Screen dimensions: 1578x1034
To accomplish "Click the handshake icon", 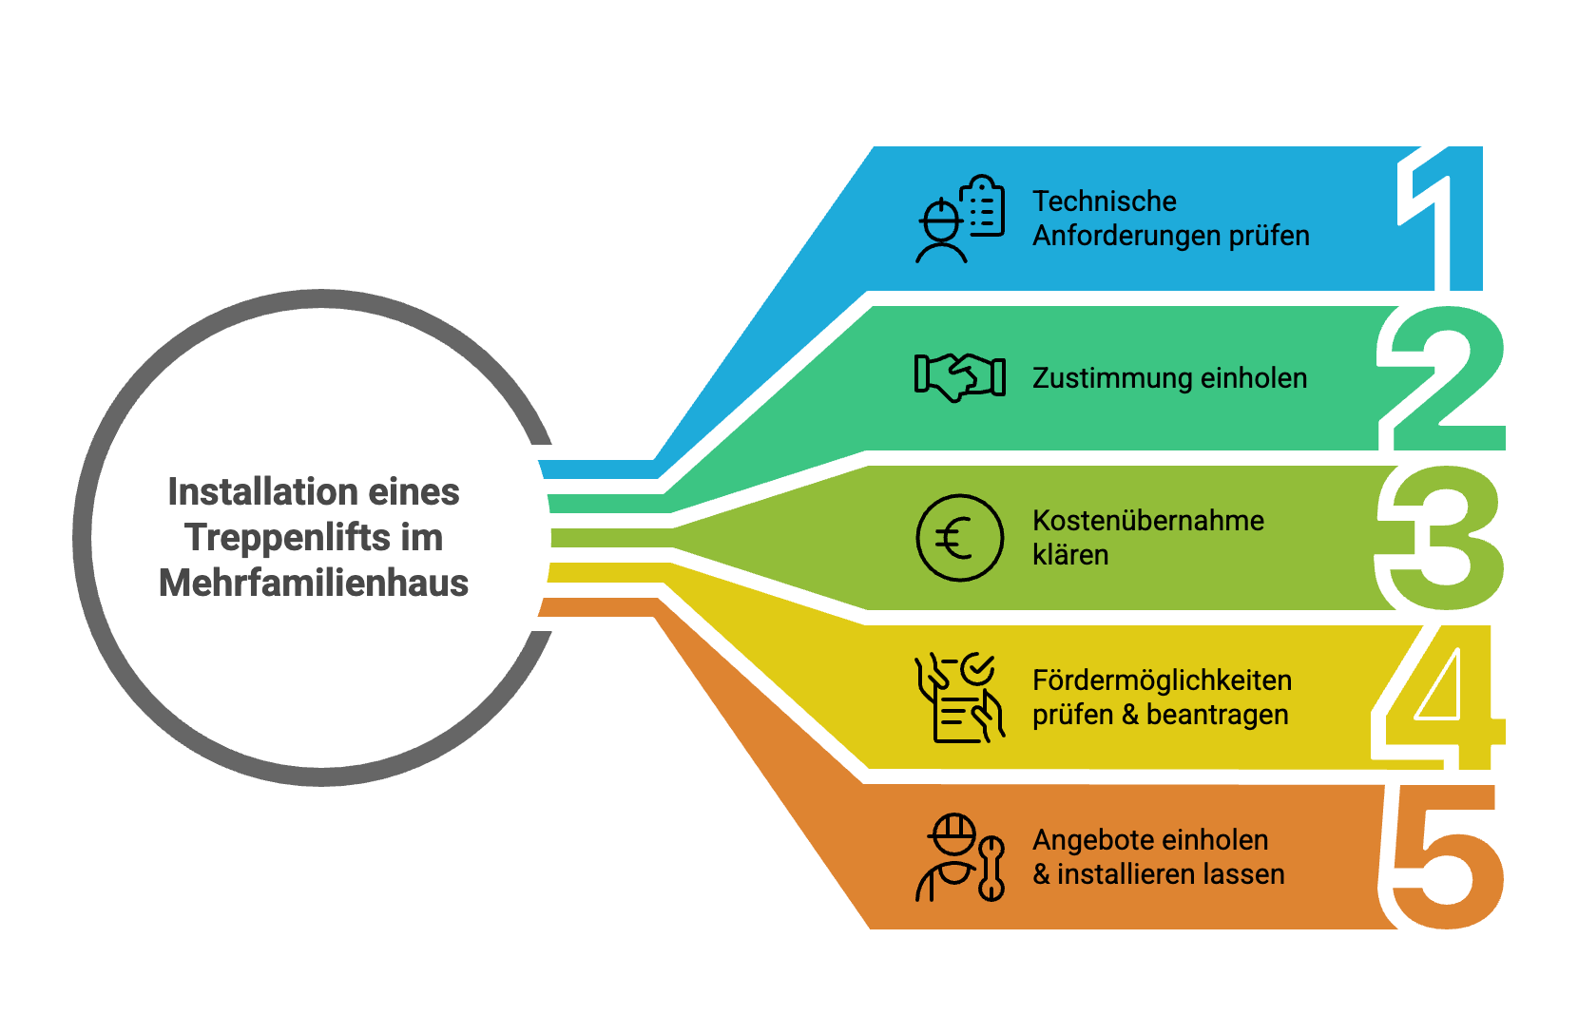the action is [x=959, y=377].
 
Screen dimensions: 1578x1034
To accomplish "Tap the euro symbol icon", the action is [x=959, y=537].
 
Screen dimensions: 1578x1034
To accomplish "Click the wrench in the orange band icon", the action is [x=991, y=869].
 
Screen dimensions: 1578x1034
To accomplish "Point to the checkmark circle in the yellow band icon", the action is [x=977, y=669].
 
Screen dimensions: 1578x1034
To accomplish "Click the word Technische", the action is [x=1105, y=201].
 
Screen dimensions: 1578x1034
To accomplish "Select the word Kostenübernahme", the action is [x=1148, y=521].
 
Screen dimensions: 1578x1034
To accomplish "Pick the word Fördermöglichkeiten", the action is [x=1163, y=680].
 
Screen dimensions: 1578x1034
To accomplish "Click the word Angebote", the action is [x=1089, y=840].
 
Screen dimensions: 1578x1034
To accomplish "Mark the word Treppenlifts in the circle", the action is [x=287, y=538].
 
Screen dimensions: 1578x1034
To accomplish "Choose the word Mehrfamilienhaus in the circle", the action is [x=314, y=584].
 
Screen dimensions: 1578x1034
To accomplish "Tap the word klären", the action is [x=1070, y=555].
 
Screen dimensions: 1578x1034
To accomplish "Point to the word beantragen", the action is [x=1218, y=715].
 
